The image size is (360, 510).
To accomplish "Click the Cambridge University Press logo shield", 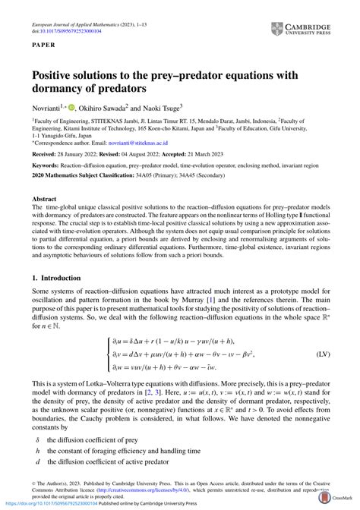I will pyautogui.click(x=277, y=30).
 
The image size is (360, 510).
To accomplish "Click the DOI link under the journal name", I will pyautogui.click(x=68, y=13).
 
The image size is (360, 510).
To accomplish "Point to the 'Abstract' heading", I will pyautogui.click(x=44, y=199).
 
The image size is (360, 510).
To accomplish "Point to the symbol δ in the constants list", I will pyautogui.click(x=37, y=439).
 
